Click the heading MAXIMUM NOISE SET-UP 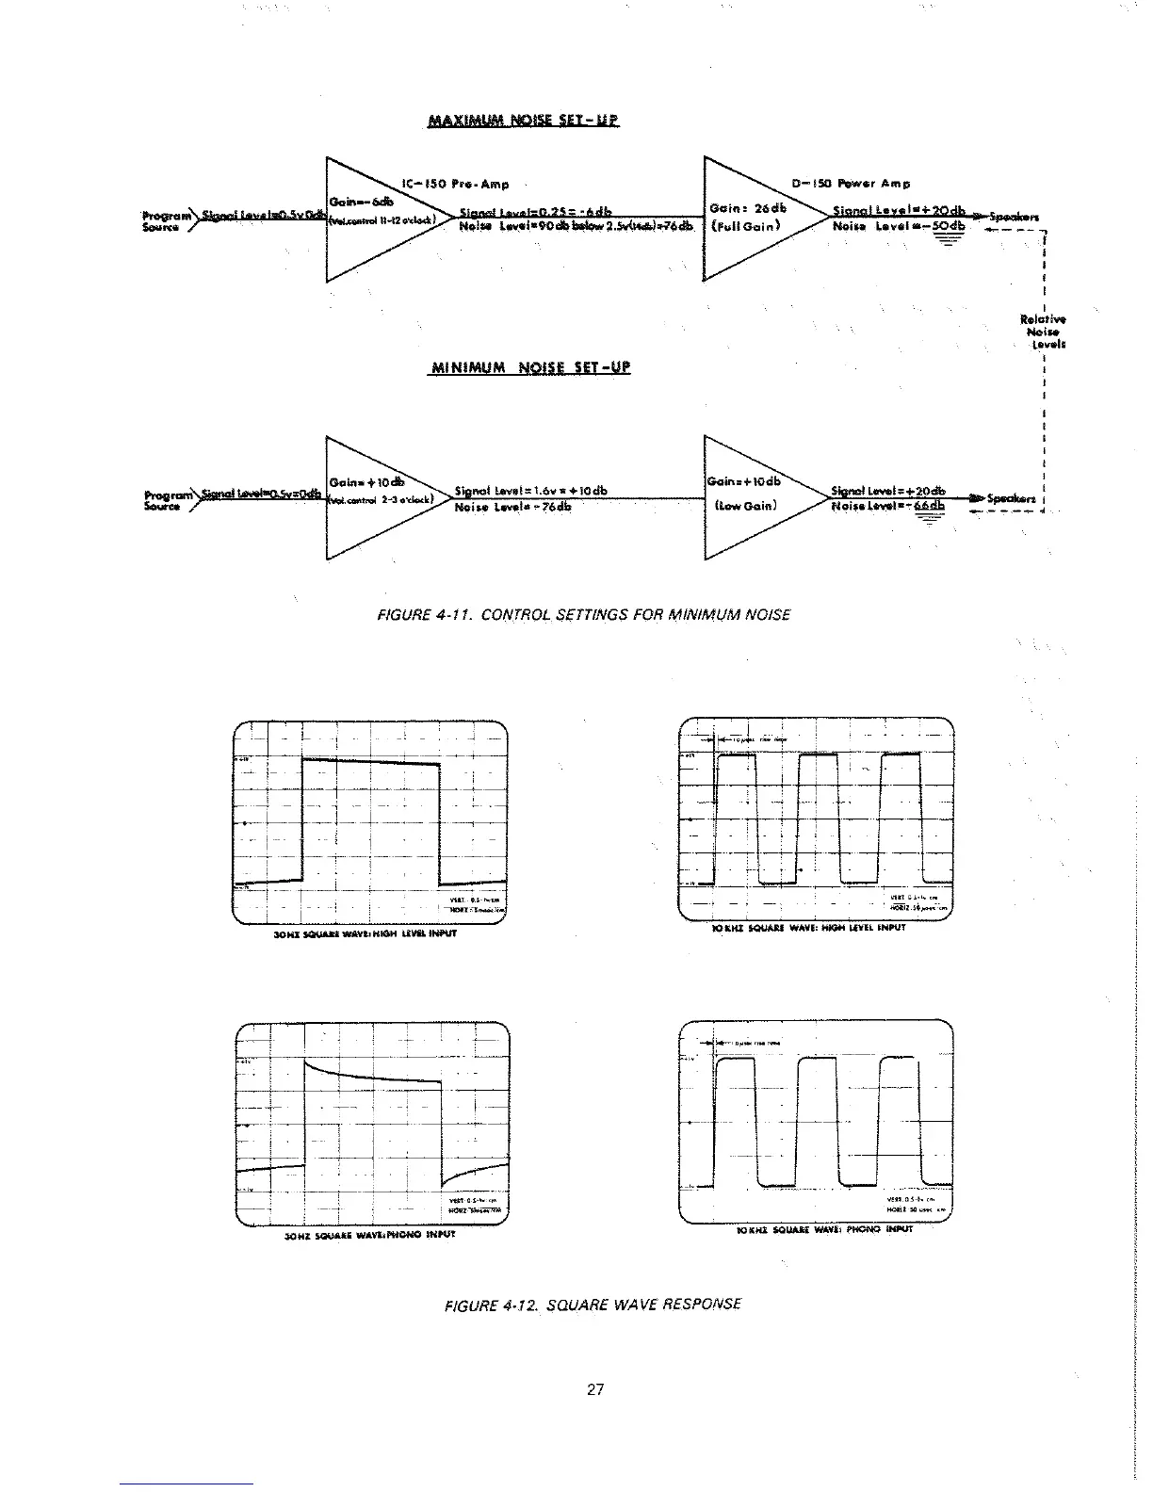[x=524, y=121]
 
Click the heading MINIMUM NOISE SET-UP [x=529, y=366]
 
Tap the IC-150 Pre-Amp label [x=455, y=185]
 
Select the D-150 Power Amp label [x=853, y=184]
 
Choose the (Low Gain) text [x=746, y=505]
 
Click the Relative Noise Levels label [x=1043, y=332]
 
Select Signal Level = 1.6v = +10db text [x=530, y=491]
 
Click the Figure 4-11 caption [x=584, y=615]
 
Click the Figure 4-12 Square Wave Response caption [x=593, y=1305]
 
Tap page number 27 [x=594, y=1388]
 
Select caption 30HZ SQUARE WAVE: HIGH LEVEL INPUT [x=365, y=935]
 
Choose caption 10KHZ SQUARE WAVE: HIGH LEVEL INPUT [x=808, y=927]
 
